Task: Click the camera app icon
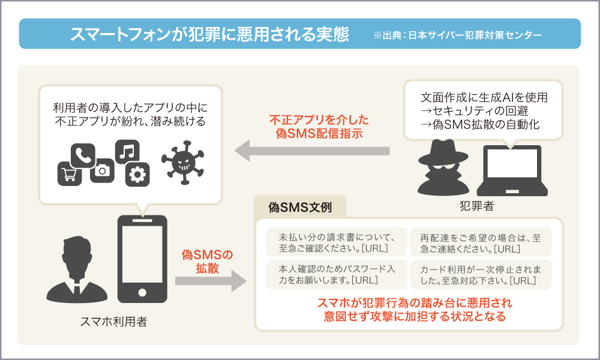(x=103, y=171)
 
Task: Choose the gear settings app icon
(x=137, y=175)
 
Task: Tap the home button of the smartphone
(x=142, y=293)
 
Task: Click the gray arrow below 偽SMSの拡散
(x=211, y=281)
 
